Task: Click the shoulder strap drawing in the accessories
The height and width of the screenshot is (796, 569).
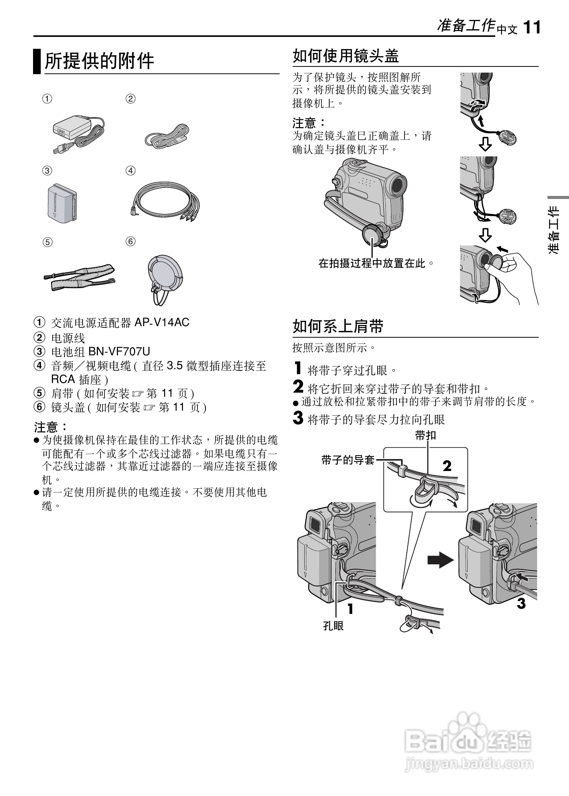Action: (x=80, y=277)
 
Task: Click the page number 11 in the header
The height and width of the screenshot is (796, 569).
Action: (x=532, y=28)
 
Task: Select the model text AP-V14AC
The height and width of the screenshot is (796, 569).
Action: (x=162, y=323)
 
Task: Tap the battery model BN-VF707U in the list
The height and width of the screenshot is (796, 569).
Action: (x=119, y=351)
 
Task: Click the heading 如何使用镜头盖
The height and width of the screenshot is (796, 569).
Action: (x=346, y=56)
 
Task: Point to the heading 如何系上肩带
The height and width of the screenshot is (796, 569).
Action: (x=338, y=327)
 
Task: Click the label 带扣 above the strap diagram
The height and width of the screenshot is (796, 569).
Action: (x=426, y=435)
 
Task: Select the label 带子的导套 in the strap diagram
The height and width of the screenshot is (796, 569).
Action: (x=348, y=459)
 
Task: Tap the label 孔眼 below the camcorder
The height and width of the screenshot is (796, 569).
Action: (x=333, y=626)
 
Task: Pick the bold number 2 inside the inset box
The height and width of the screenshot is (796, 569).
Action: (x=447, y=466)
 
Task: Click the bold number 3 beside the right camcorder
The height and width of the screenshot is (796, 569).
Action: (x=521, y=604)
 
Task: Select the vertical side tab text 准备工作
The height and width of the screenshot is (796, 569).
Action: (x=554, y=230)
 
